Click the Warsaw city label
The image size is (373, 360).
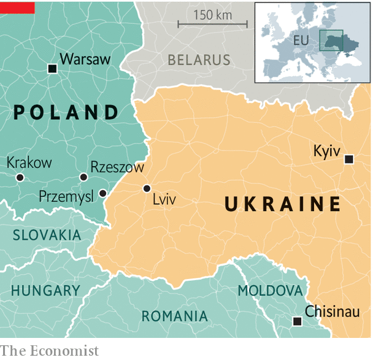[x=86, y=59]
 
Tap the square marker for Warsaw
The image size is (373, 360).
[x=52, y=69]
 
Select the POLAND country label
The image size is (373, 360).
[x=66, y=112]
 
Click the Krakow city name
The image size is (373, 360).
[x=29, y=163]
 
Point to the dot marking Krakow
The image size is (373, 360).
[x=20, y=177]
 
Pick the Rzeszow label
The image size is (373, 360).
[x=117, y=167]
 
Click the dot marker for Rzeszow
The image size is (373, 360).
[x=83, y=177]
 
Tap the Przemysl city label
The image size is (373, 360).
[x=66, y=196]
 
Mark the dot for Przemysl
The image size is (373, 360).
[x=102, y=193]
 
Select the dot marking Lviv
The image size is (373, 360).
[x=147, y=188]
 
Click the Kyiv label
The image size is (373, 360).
[x=326, y=151]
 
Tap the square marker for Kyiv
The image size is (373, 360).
[x=349, y=159]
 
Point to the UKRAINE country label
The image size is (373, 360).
[x=283, y=204]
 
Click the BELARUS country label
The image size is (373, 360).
[x=199, y=60]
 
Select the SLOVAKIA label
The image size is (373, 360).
[x=47, y=235]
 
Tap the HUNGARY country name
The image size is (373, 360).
[x=45, y=290]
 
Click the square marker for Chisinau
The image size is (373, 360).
[x=298, y=321]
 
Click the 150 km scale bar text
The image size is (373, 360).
[x=213, y=15]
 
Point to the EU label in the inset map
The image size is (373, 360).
[x=301, y=40]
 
